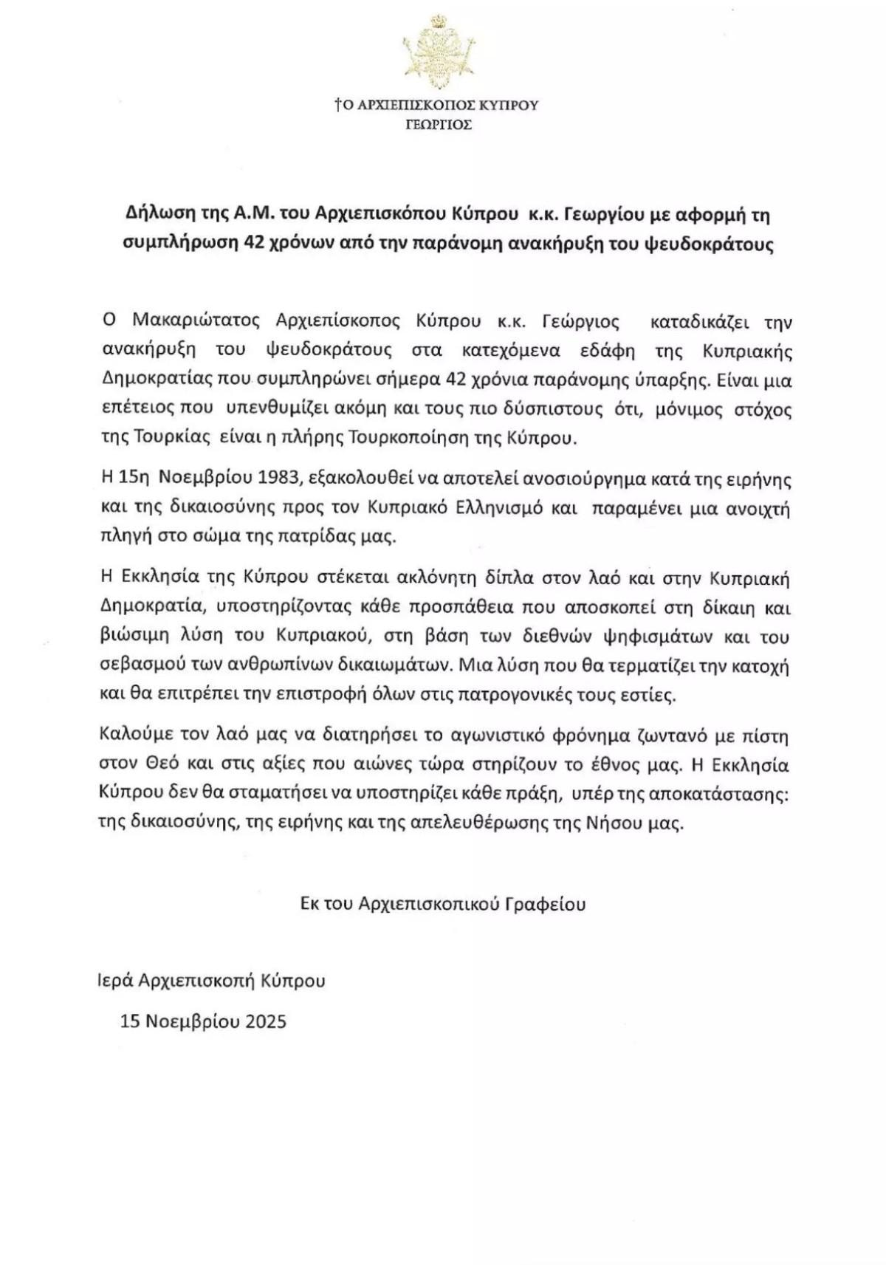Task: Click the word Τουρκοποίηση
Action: (x=431, y=437)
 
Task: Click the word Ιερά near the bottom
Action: (x=115, y=981)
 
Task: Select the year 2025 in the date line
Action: (x=266, y=1021)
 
